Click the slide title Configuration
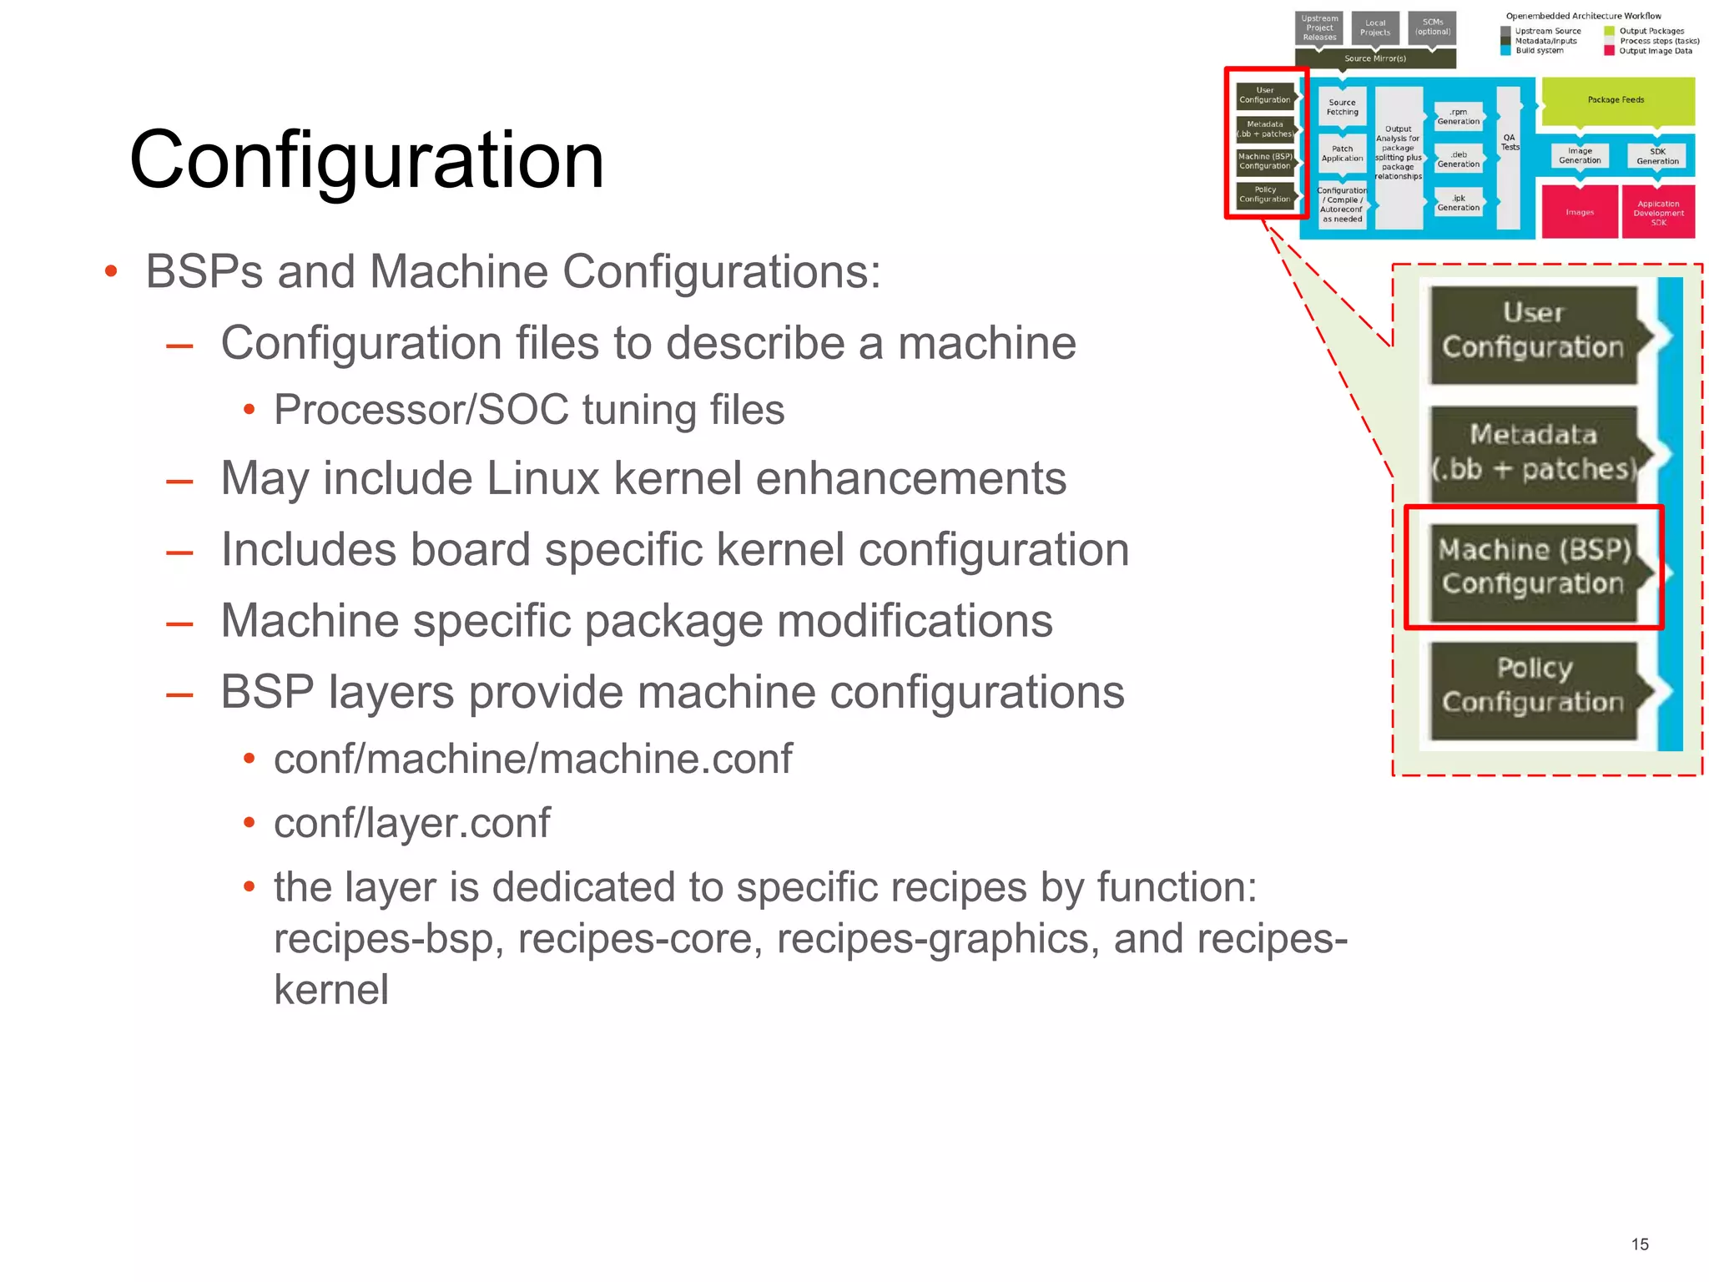point(366,160)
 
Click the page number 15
point(1639,1244)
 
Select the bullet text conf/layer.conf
point(411,823)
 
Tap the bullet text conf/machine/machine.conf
point(532,759)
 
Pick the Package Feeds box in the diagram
point(1616,100)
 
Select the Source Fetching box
point(1342,108)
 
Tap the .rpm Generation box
point(1458,117)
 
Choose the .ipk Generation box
point(1458,203)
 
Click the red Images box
point(1579,212)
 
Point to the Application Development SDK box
point(1657,213)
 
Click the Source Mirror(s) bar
point(1374,58)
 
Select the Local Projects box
point(1374,28)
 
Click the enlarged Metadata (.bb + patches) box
point(1533,452)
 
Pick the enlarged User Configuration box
point(1533,331)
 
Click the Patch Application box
point(1342,154)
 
